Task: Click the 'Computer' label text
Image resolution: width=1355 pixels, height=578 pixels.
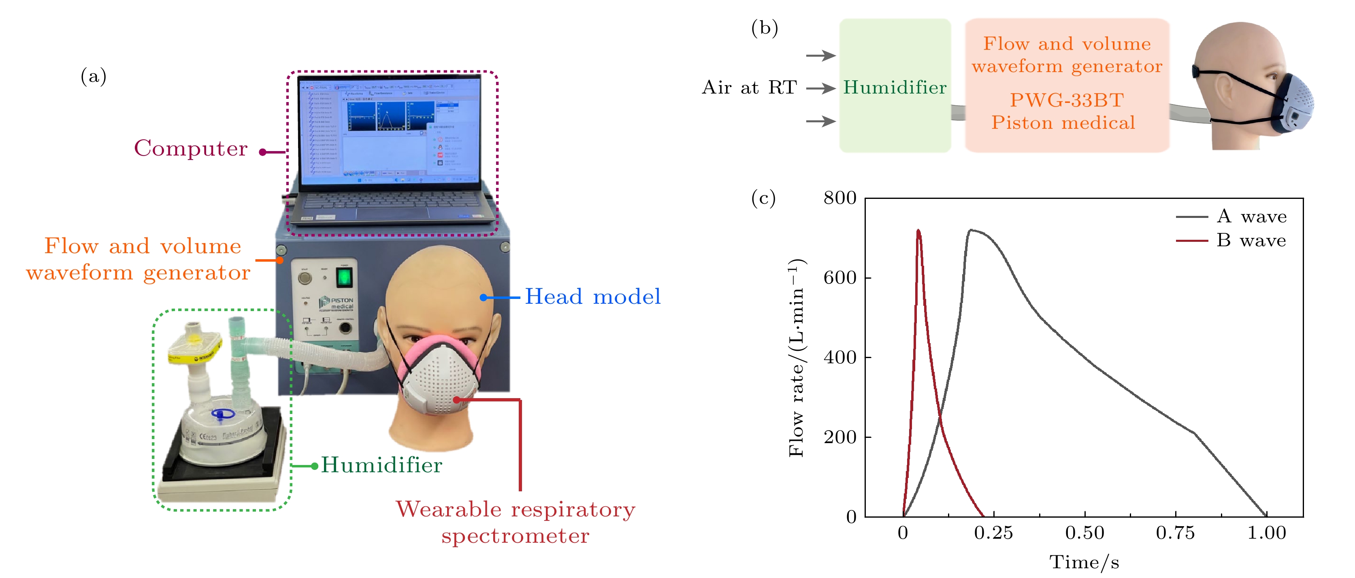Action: (190, 148)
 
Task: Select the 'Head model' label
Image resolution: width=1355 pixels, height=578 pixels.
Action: (592, 296)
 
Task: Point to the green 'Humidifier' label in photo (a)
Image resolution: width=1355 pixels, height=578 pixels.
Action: (381, 465)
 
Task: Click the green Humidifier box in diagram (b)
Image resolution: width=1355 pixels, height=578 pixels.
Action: (895, 86)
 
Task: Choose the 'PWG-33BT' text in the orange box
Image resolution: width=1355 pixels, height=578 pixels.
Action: (1067, 100)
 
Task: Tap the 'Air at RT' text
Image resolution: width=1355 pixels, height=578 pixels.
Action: (749, 87)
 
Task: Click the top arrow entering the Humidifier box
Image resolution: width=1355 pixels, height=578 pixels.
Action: (820, 55)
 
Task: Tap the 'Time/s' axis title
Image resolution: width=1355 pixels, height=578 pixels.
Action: (1084, 562)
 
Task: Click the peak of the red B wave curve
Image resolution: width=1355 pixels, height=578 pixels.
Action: (918, 230)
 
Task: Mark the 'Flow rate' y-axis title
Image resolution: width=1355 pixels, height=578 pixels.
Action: (797, 358)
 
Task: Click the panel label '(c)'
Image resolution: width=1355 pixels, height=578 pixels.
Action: (763, 198)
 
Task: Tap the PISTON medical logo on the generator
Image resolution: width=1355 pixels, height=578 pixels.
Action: (336, 303)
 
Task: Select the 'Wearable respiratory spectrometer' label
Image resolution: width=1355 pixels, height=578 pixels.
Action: (516, 522)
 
